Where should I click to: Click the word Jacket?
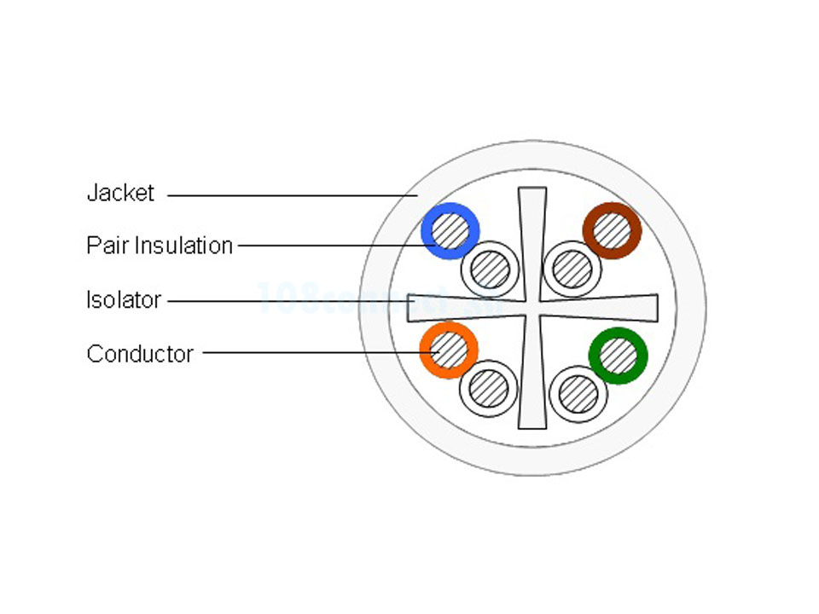tap(120, 194)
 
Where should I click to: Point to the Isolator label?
tap(124, 300)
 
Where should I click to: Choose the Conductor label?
tap(140, 353)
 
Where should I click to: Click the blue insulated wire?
tap(450, 231)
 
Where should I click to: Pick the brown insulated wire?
tap(612, 230)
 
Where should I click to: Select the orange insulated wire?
tap(449, 350)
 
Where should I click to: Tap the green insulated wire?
tap(618, 356)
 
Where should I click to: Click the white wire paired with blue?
tap(490, 270)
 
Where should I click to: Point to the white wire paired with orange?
tap(489, 389)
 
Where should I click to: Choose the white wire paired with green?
tap(578, 394)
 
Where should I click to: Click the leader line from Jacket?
tap(290, 195)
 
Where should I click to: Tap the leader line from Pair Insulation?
tap(333, 246)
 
